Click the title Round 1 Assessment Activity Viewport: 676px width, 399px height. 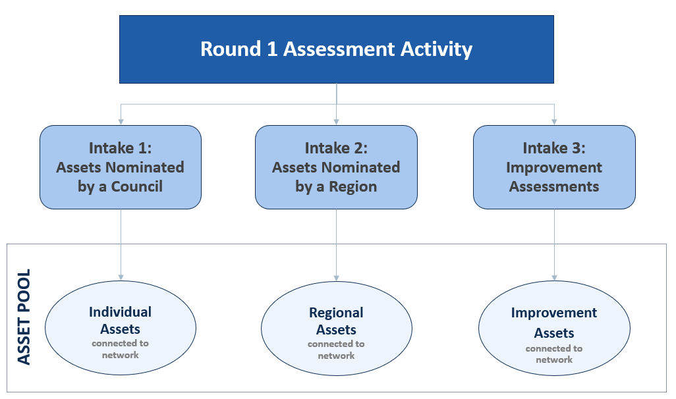(x=336, y=49)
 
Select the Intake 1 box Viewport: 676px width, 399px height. (x=121, y=167)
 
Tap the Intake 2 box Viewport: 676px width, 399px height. (x=336, y=167)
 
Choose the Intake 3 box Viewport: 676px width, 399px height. (x=554, y=167)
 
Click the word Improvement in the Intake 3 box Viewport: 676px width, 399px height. (x=554, y=167)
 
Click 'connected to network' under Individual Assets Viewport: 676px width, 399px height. (x=121, y=349)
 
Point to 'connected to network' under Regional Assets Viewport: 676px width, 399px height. (x=336, y=350)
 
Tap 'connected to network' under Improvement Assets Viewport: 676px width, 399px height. (x=554, y=354)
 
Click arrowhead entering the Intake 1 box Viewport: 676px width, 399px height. (x=121, y=121)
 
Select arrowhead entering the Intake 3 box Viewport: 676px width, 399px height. (x=554, y=121)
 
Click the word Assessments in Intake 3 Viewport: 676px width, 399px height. (x=554, y=186)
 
